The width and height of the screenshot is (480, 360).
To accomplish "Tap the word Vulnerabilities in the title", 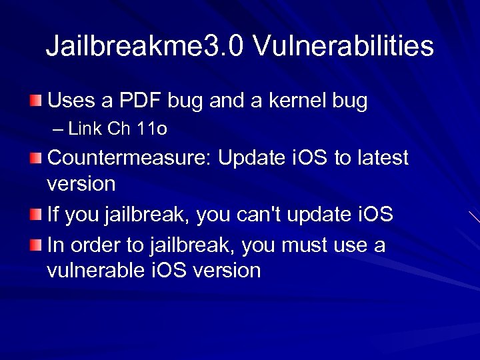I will click(x=344, y=47).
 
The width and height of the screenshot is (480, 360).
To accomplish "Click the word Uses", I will click(x=72, y=101).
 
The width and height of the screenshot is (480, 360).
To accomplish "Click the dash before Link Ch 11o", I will click(x=59, y=129).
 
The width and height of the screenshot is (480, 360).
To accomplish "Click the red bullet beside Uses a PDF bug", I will click(x=35, y=101).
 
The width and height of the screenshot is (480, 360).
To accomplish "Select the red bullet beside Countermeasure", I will click(x=35, y=159).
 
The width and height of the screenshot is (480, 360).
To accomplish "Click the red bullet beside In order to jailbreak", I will click(x=35, y=245).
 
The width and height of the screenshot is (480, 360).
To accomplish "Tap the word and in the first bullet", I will click(x=226, y=101).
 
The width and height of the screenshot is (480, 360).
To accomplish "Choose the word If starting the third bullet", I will click(x=53, y=215).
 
